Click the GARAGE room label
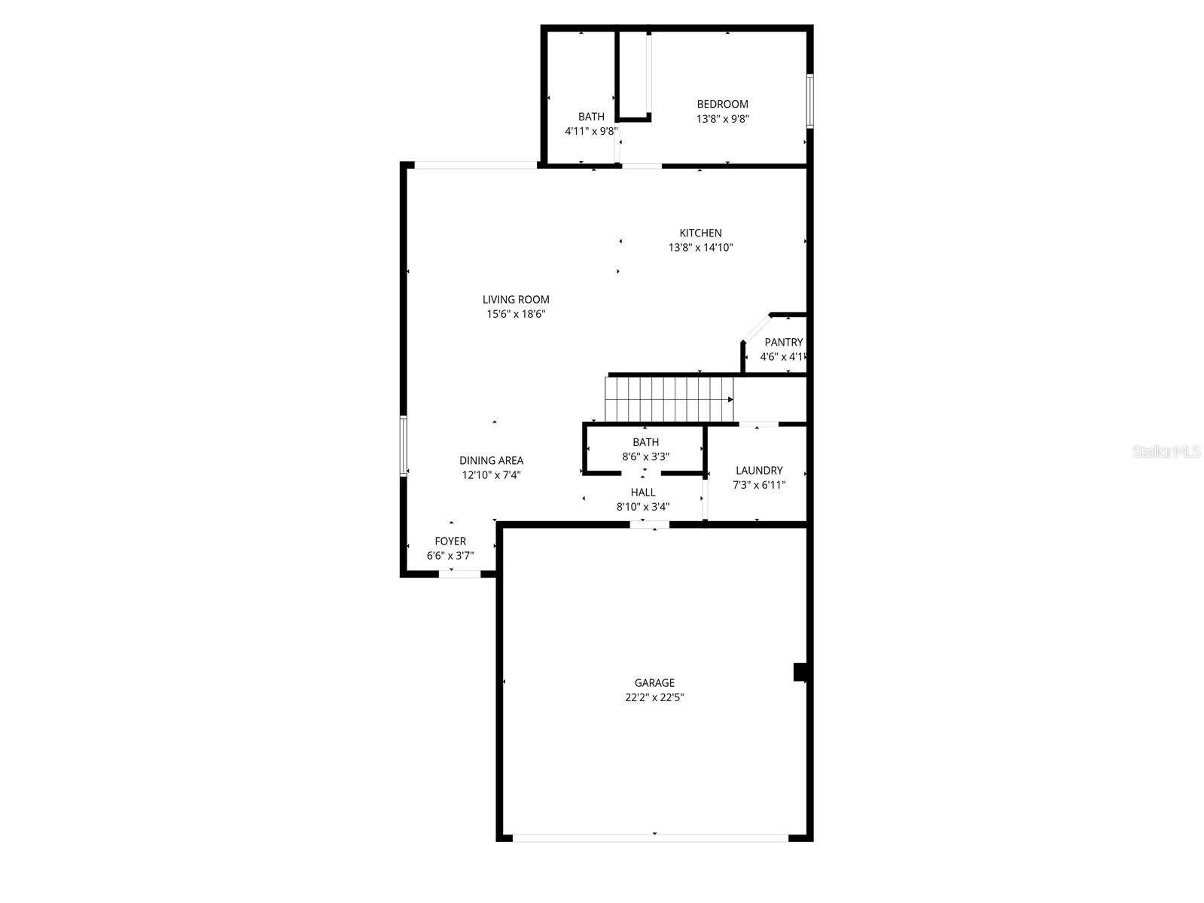point(654,683)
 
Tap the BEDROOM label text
point(722,104)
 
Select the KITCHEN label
point(700,233)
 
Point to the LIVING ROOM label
point(516,299)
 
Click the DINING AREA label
point(491,460)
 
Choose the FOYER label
point(450,541)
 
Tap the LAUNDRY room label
point(759,470)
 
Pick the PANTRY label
point(783,342)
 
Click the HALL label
point(643,492)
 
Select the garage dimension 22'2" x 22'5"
point(654,697)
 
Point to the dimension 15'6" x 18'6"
point(516,314)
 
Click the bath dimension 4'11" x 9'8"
point(591,130)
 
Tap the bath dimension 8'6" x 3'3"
point(645,456)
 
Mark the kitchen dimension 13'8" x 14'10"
point(700,247)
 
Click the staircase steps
point(669,399)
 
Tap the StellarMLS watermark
point(1166,452)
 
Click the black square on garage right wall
point(800,672)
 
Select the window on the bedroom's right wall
point(810,100)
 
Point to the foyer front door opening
point(459,574)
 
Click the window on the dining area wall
point(404,446)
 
